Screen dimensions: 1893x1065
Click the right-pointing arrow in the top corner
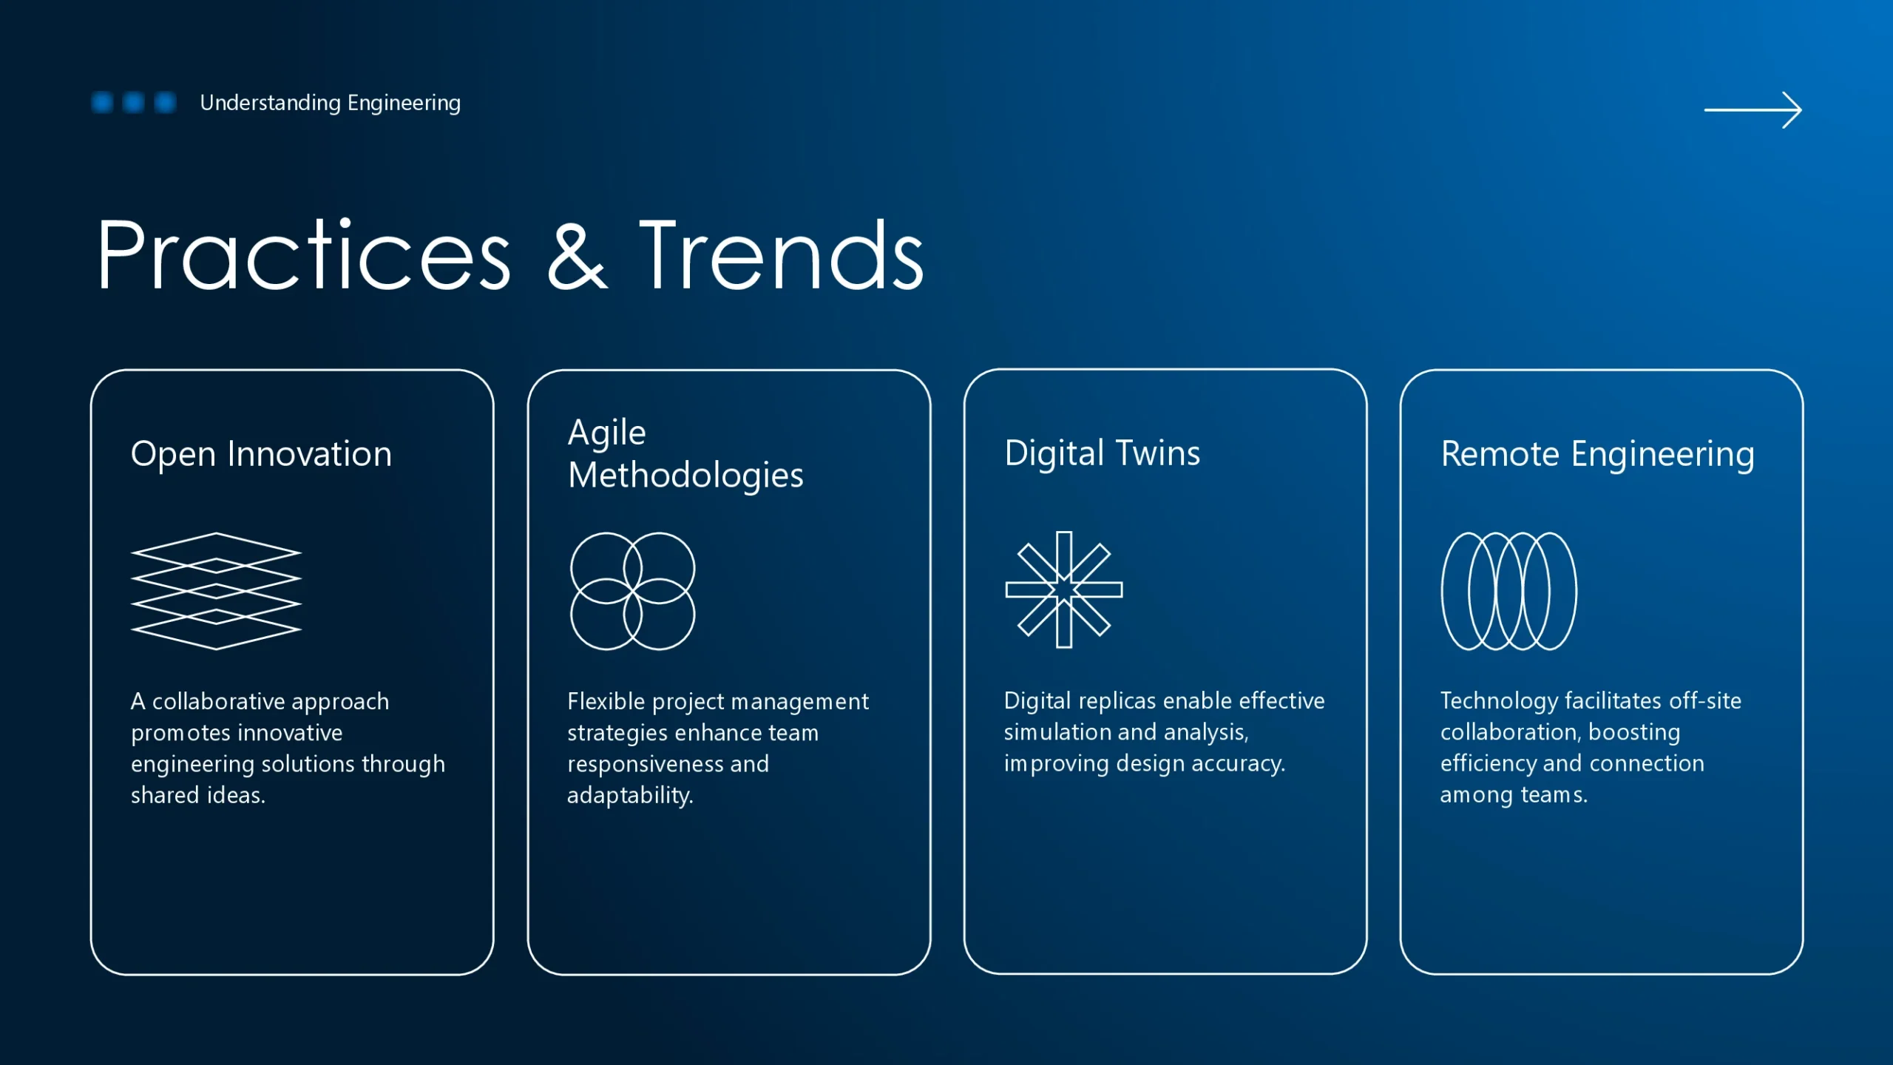1753,110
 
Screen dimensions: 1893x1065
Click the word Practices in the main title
304,254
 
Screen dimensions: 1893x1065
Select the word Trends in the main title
782,254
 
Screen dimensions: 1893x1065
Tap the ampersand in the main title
578,254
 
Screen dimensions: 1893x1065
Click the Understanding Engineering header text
330,103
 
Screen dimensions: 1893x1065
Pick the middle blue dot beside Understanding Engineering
133,102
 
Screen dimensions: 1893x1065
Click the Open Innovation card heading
261,453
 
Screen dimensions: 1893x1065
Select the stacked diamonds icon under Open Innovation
216,591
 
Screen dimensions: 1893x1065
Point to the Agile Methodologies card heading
685,453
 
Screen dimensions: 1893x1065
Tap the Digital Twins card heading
1102,453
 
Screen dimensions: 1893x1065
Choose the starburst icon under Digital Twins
1064,589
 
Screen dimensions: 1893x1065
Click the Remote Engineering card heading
1597,453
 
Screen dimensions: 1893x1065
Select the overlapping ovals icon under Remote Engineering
1443,591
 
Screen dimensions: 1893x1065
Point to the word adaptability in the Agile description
630,795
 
